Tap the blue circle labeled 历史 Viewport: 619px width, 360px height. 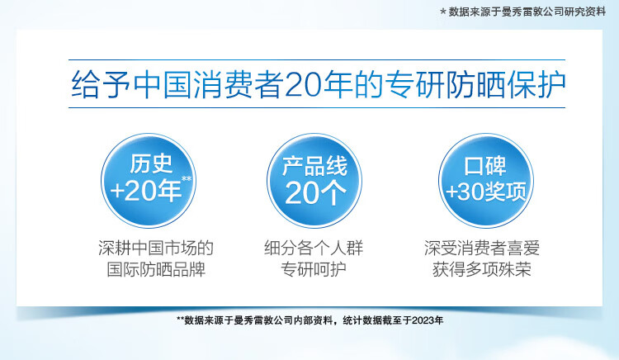pyautogui.click(x=149, y=180)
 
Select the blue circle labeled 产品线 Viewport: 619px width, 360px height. pyautogui.click(x=314, y=180)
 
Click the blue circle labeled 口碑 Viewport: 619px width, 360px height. pyautogui.click(x=486, y=180)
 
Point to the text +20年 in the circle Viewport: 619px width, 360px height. pyautogui.click(x=145, y=191)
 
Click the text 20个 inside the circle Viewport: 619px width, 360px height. pyautogui.click(x=315, y=193)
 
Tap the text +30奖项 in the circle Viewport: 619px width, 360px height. pyautogui.click(x=486, y=192)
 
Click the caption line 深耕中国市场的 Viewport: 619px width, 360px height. pyautogui.click(x=156, y=248)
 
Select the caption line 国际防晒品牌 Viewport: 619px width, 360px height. pyautogui.click(x=156, y=270)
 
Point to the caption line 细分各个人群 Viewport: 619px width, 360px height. pyautogui.click(x=314, y=248)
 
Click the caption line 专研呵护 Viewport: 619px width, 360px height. pyautogui.click(x=314, y=270)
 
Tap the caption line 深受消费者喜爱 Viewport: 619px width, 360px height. pyautogui.click(x=482, y=248)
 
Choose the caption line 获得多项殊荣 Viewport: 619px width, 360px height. pyautogui.click(x=482, y=270)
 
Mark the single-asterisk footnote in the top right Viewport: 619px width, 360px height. pyautogui.click(x=522, y=12)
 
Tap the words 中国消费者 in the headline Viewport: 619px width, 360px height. pyautogui.click(x=208, y=85)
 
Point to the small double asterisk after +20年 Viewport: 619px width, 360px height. pyautogui.click(x=187, y=179)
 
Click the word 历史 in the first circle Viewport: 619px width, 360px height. pyautogui.click(x=151, y=163)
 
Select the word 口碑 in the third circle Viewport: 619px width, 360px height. pyautogui.click(x=485, y=166)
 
